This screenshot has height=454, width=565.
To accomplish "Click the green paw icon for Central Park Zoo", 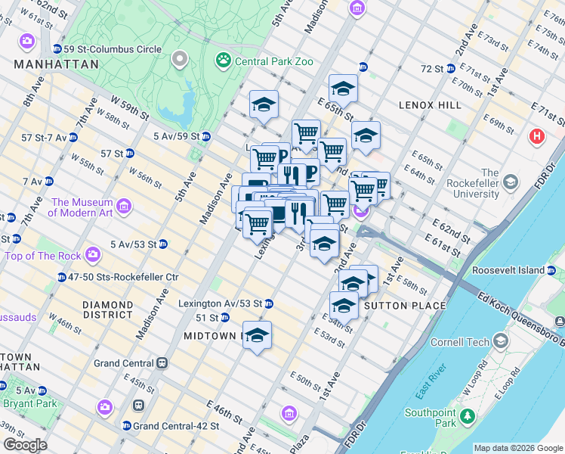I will pyautogui.click(x=224, y=59).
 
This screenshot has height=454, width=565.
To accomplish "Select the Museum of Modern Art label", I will pyautogui.click(x=82, y=207).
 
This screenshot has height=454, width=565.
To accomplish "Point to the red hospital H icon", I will pyautogui.click(x=537, y=136).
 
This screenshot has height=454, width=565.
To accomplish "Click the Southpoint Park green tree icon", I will pyautogui.click(x=468, y=415).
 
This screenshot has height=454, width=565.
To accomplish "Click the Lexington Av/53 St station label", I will pyautogui.click(x=220, y=303).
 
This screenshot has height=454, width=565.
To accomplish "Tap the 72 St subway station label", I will pyautogui.click(x=432, y=69).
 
